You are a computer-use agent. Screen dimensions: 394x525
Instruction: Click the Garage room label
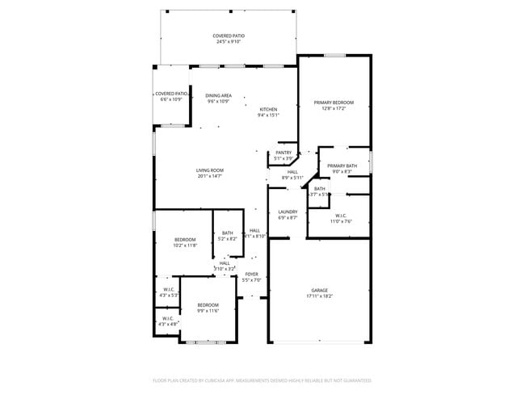click(x=320, y=290)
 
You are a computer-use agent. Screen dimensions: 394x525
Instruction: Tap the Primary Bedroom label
click(x=334, y=103)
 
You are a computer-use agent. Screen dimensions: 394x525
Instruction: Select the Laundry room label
click(x=288, y=212)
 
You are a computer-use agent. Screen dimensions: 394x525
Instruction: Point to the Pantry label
click(x=283, y=153)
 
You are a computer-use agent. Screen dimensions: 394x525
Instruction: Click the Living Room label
click(x=209, y=170)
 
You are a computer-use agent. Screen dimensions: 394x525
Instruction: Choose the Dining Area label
click(x=218, y=95)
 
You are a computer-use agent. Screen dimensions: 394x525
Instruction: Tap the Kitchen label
click(x=268, y=109)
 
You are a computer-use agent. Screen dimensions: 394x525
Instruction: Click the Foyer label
click(x=252, y=275)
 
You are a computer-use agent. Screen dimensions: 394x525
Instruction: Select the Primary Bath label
click(x=342, y=166)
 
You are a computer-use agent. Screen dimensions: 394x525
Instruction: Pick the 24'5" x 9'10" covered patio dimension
click(x=229, y=42)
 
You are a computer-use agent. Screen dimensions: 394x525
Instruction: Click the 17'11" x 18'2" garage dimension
click(x=320, y=295)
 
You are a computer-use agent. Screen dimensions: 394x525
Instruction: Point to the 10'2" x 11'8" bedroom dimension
click(x=186, y=245)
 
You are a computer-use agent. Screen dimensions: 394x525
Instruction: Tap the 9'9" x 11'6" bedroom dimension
click(x=208, y=311)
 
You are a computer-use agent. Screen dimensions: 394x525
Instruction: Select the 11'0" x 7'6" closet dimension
click(x=339, y=221)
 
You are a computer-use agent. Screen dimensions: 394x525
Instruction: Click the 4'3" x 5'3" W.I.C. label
click(x=169, y=292)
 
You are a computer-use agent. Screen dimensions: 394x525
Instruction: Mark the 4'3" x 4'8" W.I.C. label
click(x=168, y=321)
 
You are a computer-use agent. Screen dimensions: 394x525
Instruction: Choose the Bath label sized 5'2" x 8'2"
click(x=228, y=236)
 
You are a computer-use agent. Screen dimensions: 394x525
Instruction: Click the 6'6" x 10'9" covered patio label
click(x=171, y=96)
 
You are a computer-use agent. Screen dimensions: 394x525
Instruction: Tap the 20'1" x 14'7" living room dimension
click(x=209, y=176)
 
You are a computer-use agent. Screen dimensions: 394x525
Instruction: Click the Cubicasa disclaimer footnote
click(x=262, y=379)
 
